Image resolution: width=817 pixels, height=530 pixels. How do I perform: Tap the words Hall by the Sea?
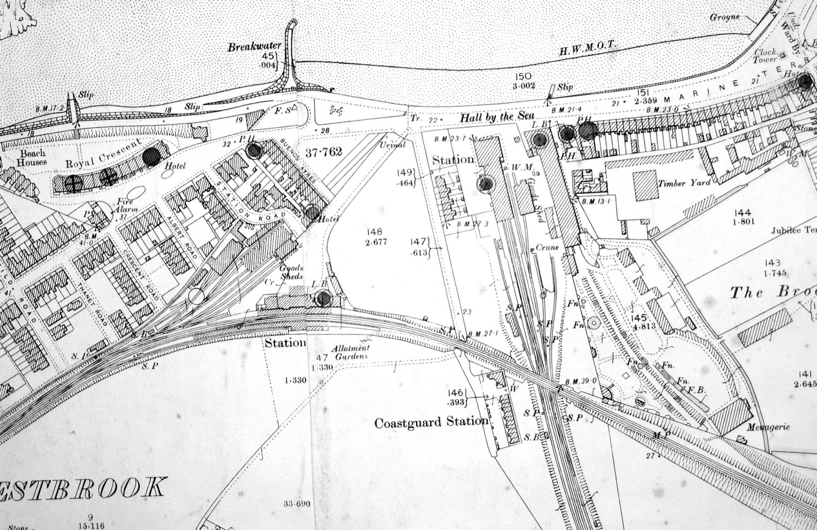click(x=497, y=117)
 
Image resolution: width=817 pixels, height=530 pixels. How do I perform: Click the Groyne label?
click(x=725, y=17)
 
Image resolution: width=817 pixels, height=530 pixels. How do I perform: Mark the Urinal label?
click(x=393, y=144)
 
